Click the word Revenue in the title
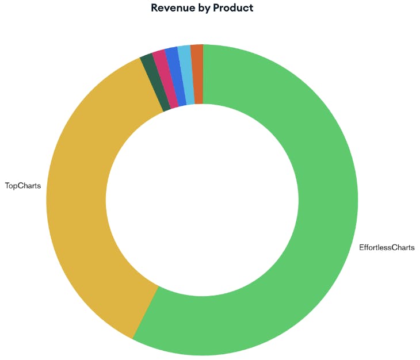(172, 8)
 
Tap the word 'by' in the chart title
(203, 8)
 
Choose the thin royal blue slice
(175, 76)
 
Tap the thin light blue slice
(186, 74)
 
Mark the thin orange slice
(197, 74)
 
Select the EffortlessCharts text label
(387, 248)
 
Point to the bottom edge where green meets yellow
(146, 313)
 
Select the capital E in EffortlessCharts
(361, 248)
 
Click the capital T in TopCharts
(7, 186)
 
